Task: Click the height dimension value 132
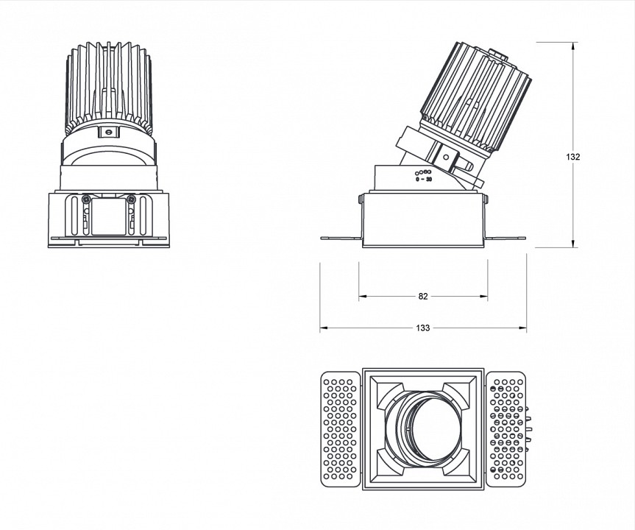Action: coord(572,157)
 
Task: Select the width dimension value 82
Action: coord(423,296)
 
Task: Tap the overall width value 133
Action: coord(423,328)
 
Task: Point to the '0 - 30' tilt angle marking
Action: coord(424,179)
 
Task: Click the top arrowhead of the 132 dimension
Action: coord(573,46)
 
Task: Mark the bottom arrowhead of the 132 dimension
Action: coord(573,243)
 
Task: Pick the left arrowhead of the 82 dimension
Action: coord(363,296)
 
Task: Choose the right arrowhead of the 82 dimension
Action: coord(483,296)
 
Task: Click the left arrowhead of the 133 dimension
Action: coord(324,328)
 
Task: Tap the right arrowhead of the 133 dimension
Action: coord(522,328)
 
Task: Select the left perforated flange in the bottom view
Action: coord(340,429)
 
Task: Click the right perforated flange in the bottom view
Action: coord(506,429)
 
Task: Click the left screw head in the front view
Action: coord(86,199)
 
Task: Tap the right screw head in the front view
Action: coord(131,199)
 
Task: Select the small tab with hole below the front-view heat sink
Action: coord(109,132)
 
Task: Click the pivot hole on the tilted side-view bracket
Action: coord(446,157)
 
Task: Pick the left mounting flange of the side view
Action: coord(341,238)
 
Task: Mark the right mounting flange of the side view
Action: coord(505,238)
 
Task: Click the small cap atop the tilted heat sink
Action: coord(497,55)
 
